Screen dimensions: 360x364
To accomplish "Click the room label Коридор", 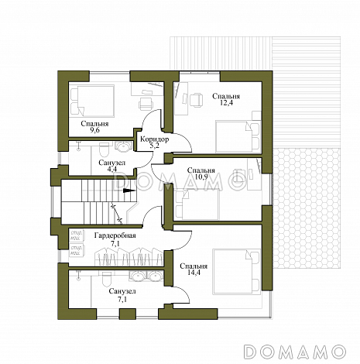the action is coord(154,139).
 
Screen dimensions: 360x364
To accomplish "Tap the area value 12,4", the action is coord(226,103).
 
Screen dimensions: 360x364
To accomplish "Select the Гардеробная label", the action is coord(115,235).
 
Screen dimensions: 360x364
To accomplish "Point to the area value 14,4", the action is coord(194,273).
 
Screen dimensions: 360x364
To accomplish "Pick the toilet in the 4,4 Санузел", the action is coord(105,150).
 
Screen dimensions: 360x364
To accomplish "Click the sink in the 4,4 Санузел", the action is coord(123,146).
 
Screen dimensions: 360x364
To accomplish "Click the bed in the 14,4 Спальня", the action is coord(236,271).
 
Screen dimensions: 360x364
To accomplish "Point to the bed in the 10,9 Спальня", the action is coord(197,204).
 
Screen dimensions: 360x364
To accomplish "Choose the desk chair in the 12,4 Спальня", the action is coord(196,100).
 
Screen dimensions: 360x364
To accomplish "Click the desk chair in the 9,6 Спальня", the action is coord(146,104).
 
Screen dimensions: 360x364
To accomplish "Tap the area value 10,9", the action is coord(201,177).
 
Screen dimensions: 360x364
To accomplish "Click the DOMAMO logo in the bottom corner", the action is coord(295,352).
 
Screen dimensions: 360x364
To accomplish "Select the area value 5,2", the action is coord(155,146).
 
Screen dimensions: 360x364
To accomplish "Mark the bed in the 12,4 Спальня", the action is coord(238,136).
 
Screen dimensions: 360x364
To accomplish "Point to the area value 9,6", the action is coord(94,130).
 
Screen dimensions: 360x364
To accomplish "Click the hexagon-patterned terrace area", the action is coord(307,208).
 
